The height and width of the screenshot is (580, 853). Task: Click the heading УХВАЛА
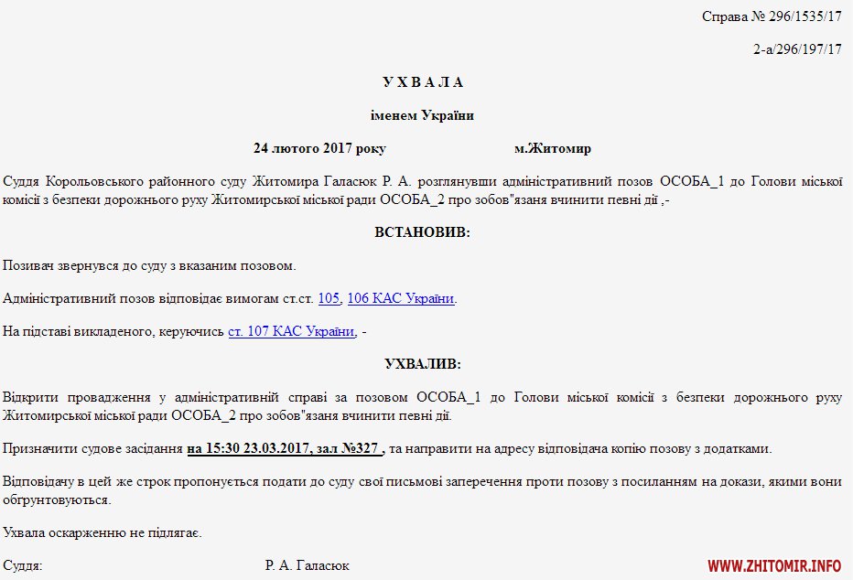[x=422, y=82]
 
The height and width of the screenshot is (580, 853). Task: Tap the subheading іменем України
[x=422, y=115]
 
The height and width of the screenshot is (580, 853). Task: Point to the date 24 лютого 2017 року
[x=319, y=148]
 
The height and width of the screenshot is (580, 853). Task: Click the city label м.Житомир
[x=552, y=148]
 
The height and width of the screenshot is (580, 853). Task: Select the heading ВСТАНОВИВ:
[x=422, y=232]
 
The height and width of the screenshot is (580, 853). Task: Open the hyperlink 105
[x=329, y=298]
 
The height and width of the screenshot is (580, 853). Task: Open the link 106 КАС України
[x=401, y=298]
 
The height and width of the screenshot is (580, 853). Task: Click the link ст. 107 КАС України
[x=291, y=331]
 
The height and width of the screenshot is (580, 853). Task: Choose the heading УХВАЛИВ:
[x=422, y=364]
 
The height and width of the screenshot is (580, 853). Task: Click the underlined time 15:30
[x=224, y=448]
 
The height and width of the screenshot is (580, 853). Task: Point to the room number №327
[x=360, y=448]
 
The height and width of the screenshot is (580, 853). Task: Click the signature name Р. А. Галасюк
[x=308, y=565]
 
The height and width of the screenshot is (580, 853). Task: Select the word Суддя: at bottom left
[x=23, y=565]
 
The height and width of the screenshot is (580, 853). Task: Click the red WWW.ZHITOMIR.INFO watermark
[x=774, y=565]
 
